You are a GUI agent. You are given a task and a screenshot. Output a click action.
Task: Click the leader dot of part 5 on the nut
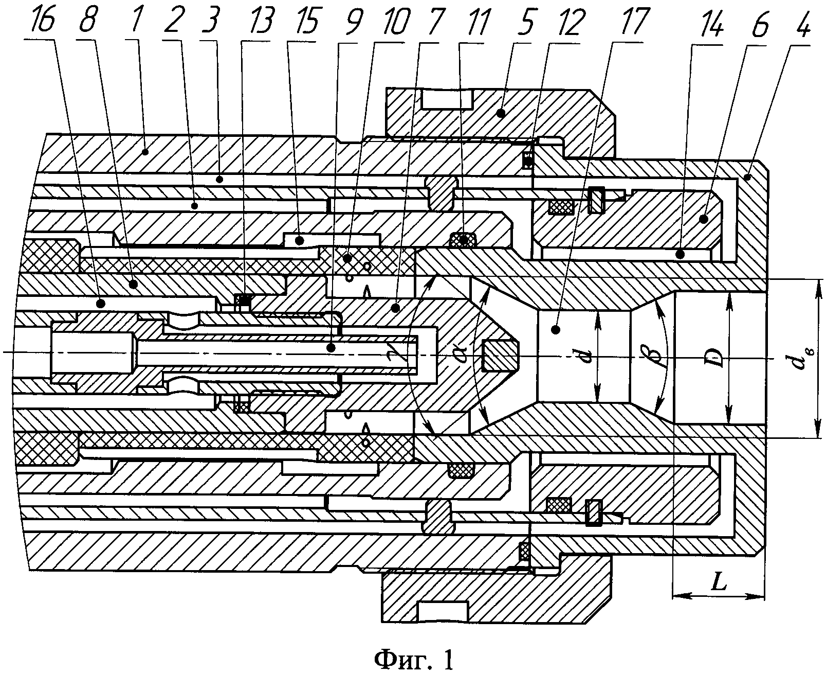[x=502, y=113]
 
